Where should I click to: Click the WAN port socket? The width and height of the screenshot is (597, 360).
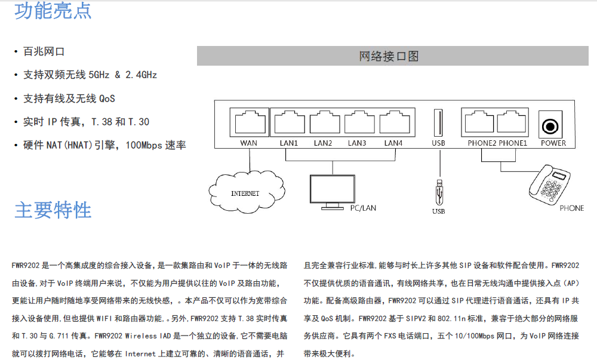248,123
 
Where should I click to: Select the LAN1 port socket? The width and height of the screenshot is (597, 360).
288,123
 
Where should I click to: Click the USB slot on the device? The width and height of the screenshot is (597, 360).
438,123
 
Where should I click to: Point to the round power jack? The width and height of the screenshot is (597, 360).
550,126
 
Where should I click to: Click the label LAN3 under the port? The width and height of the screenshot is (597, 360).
357,143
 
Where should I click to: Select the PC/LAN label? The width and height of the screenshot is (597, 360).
363,208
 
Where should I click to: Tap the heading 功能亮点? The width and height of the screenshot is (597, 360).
53,10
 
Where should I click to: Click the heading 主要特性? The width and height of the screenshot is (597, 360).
53,210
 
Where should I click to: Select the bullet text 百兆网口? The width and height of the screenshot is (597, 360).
44,51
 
